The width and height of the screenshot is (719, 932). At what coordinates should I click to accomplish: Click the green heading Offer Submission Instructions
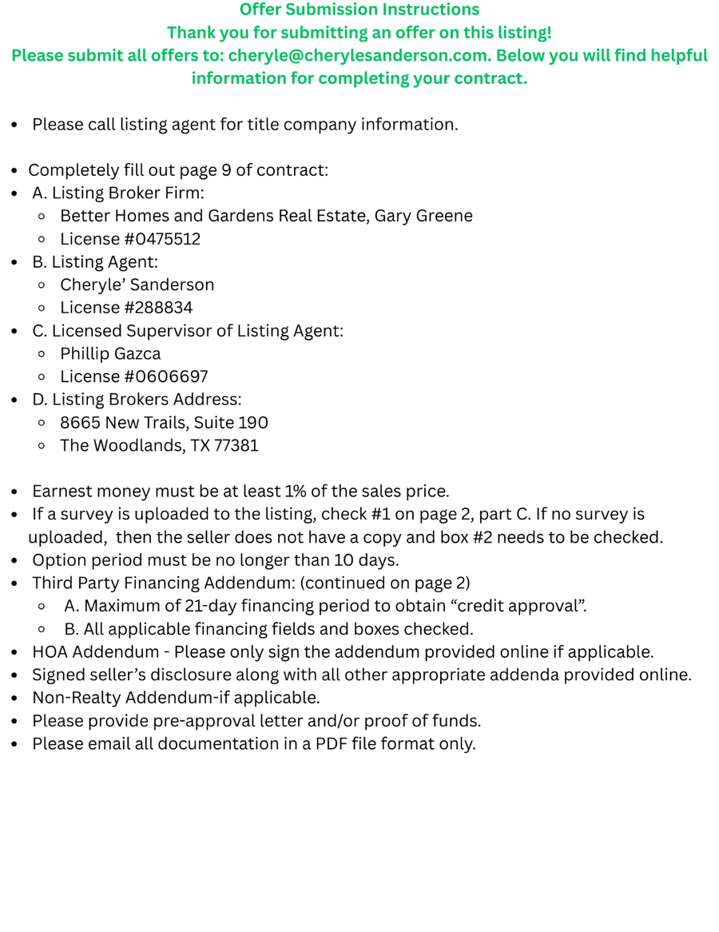pyautogui.click(x=359, y=10)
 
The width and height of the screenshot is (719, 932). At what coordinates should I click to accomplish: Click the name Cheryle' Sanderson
pyautogui.click(x=137, y=285)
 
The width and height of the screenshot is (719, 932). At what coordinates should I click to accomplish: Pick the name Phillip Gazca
pyautogui.click(x=110, y=353)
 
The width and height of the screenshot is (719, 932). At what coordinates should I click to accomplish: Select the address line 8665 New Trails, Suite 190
pyautogui.click(x=164, y=423)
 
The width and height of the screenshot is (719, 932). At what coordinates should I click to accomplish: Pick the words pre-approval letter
pyautogui.click(x=207, y=721)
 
